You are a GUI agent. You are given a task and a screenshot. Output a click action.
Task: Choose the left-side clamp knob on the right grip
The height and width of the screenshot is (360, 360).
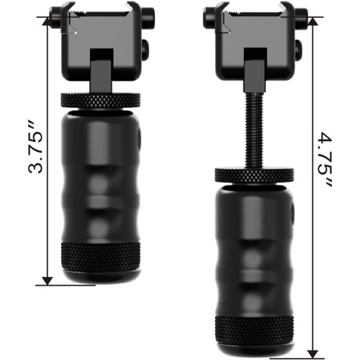point(211,14)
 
